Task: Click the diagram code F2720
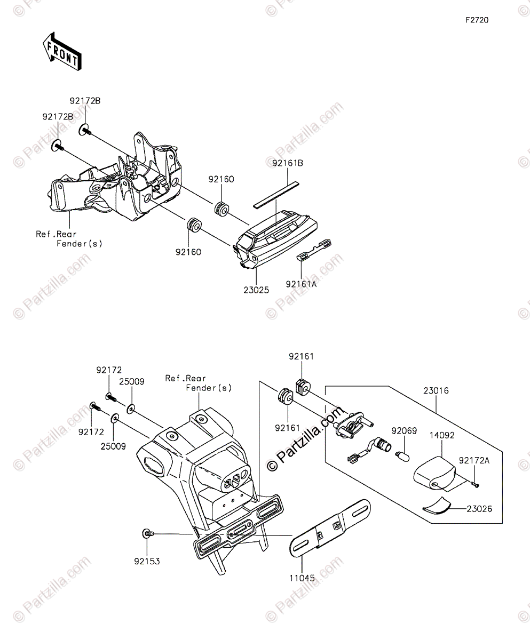476,20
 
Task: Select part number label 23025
257,290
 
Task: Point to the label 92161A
300,284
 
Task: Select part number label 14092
442,435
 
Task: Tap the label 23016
436,391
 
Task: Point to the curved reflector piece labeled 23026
437,505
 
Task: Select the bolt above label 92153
148,533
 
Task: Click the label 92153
147,561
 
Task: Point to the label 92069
404,430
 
